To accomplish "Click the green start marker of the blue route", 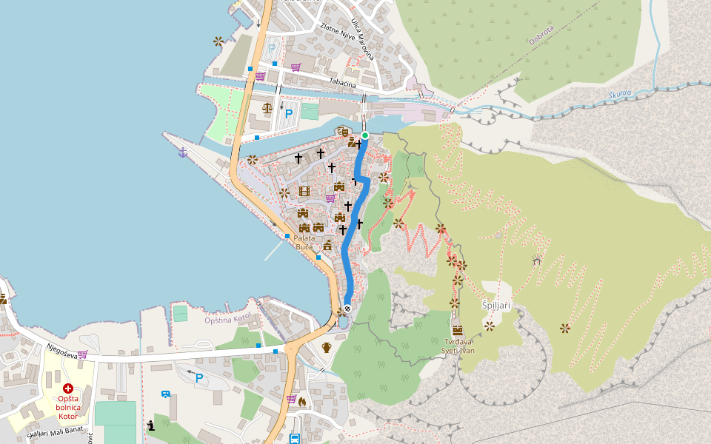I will coord(365,135).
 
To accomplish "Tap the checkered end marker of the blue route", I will coord(347,309).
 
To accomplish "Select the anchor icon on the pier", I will coord(183,152).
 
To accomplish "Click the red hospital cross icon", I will coord(67,388).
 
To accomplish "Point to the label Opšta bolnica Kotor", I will coord(68,407).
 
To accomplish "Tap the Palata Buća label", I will coord(304,242).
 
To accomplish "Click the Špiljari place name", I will coord(495,306).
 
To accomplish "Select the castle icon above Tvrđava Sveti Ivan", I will coord(458,329).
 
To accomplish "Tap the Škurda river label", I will coord(620,95).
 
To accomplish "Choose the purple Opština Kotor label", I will coord(229,319).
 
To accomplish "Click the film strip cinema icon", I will coord(304,191).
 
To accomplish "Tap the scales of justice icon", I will coord(267,108).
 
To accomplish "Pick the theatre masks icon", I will coord(342,131).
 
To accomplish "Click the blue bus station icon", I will coord(294,439).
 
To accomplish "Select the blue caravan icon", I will coord(166,394).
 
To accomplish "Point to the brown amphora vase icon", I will coord(327,347).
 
